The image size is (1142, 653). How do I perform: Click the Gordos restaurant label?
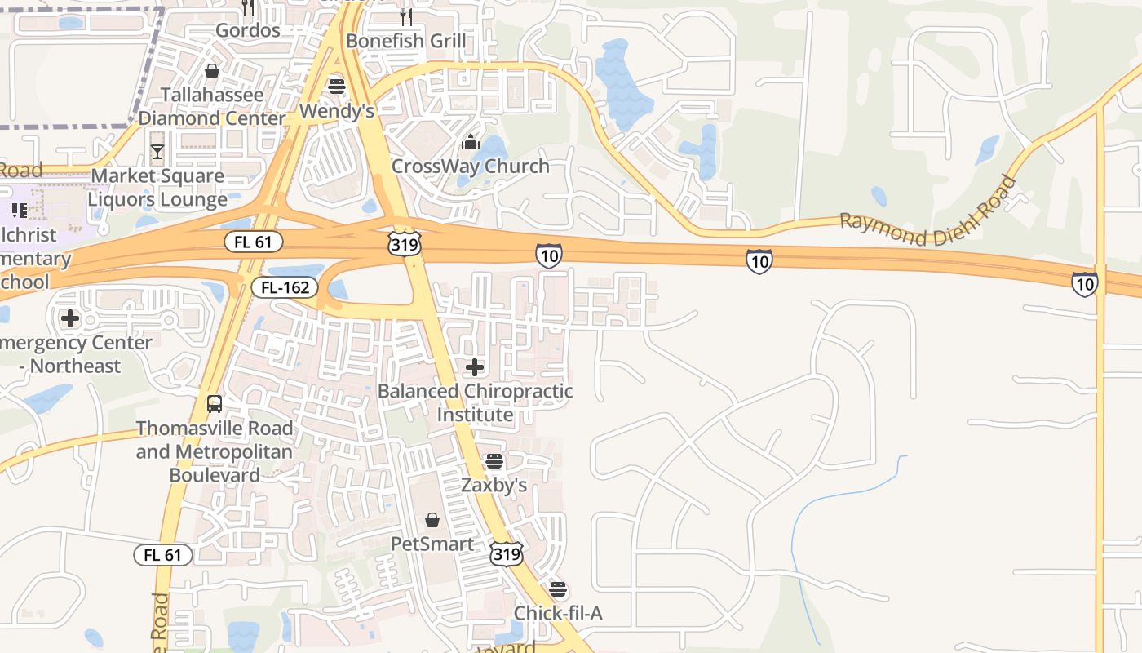tap(247, 30)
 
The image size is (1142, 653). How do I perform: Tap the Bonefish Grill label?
tap(405, 41)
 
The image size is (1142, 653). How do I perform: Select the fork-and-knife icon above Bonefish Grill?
tap(405, 16)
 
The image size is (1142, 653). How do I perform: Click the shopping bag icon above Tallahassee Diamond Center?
tap(212, 71)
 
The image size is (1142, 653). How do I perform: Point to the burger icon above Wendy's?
tap(336, 86)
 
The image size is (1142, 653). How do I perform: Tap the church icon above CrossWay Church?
tap(470, 143)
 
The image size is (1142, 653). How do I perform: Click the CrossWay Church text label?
tap(470, 167)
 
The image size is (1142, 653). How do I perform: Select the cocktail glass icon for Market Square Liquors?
tap(157, 152)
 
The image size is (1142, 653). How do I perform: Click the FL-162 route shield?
tap(284, 287)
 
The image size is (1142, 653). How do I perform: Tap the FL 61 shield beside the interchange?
tap(254, 242)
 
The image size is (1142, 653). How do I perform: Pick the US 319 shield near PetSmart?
tap(506, 554)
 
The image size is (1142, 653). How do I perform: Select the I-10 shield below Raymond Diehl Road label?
tap(759, 261)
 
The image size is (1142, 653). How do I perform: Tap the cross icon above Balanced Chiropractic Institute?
tap(475, 367)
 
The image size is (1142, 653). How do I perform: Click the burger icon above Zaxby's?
tap(494, 462)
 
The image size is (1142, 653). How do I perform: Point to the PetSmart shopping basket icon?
tap(432, 520)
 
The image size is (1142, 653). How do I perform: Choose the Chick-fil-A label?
tap(558, 613)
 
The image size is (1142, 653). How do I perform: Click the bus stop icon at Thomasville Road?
tap(214, 404)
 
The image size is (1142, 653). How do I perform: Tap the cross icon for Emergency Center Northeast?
tap(70, 318)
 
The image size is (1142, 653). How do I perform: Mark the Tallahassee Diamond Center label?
tap(212, 106)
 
